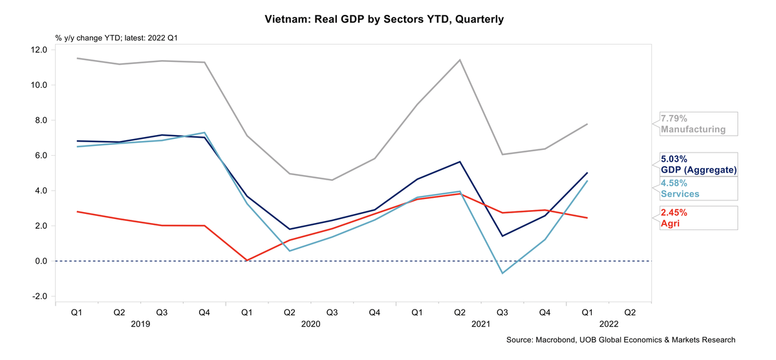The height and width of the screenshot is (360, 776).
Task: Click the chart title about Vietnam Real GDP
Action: pos(384,19)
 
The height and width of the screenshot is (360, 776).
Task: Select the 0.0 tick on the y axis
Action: pos(39,261)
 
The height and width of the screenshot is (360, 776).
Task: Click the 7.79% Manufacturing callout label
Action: pos(693,124)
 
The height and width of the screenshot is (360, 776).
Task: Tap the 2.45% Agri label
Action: pos(674,217)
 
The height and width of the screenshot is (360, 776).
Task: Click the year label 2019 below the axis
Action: pos(140,323)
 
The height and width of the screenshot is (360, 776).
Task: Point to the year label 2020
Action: pos(310,323)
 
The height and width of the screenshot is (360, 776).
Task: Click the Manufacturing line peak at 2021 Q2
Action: pos(460,60)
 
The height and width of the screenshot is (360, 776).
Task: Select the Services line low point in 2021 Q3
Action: pos(502,273)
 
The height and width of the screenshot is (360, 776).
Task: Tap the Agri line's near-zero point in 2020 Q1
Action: pos(246,260)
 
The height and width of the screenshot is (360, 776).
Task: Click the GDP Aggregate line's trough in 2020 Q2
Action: pos(289,229)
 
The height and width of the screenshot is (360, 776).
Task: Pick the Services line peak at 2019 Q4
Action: pos(204,132)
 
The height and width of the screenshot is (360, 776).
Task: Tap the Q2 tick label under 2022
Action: pos(630,312)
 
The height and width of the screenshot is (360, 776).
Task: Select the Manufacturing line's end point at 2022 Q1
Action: pos(587,124)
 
